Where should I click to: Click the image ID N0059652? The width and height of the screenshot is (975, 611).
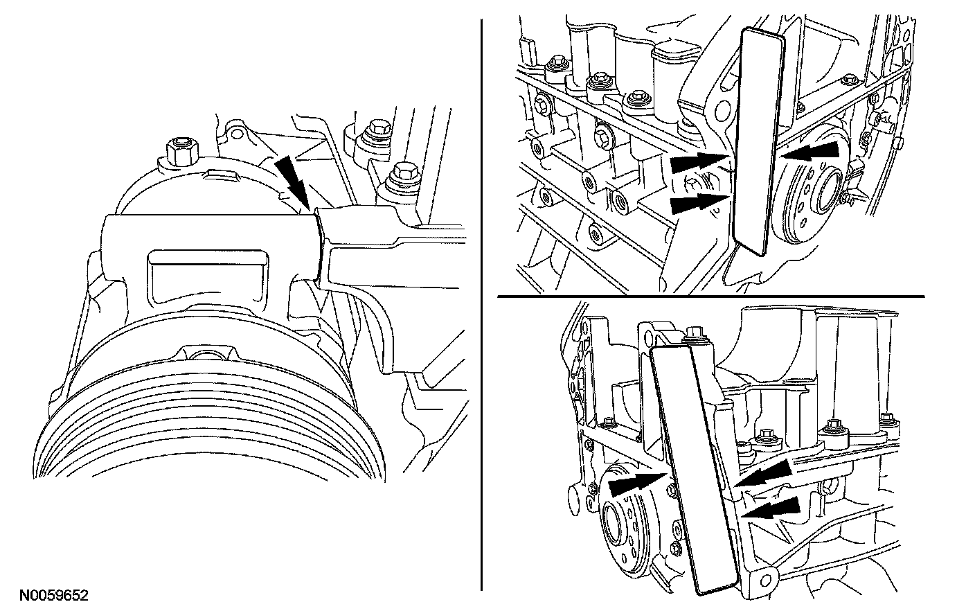(53, 594)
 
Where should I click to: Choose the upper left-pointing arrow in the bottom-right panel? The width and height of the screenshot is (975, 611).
(764, 474)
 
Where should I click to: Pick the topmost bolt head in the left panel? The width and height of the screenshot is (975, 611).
(379, 129)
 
